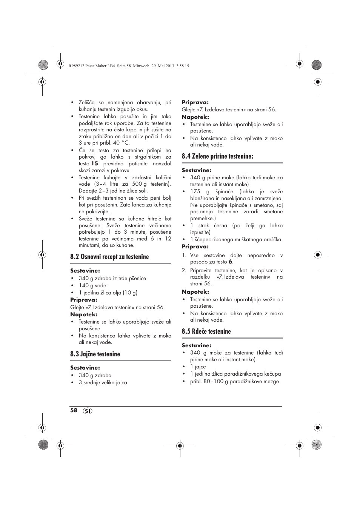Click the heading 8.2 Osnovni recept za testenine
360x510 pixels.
(109, 257)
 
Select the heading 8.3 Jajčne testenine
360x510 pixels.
(95, 354)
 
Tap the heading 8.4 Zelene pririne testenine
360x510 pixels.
(217, 156)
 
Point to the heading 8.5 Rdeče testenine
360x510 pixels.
(206, 331)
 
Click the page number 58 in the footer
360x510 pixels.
(74, 410)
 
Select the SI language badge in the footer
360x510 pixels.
(88, 411)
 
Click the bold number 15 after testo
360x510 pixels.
(94, 163)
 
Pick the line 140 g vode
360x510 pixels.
(92, 285)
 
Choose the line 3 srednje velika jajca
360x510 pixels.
(103, 382)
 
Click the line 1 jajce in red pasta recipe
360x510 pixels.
(198, 367)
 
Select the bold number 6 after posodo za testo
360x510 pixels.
(231, 262)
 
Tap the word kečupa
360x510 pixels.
(272, 374)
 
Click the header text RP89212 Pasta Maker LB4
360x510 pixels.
(92, 66)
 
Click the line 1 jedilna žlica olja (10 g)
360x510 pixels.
(108, 293)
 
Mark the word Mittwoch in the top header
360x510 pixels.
(143, 66)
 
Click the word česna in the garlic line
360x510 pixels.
(221, 225)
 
